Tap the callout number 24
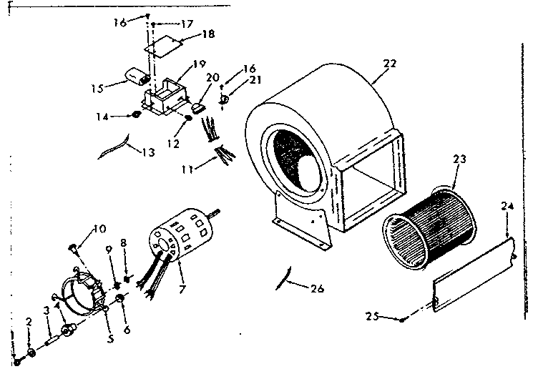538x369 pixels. [x=507, y=206]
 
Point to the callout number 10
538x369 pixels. [x=99, y=229]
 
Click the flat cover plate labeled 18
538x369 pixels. [x=163, y=46]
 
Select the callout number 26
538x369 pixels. [x=317, y=290]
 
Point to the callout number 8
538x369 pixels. [x=124, y=243]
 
